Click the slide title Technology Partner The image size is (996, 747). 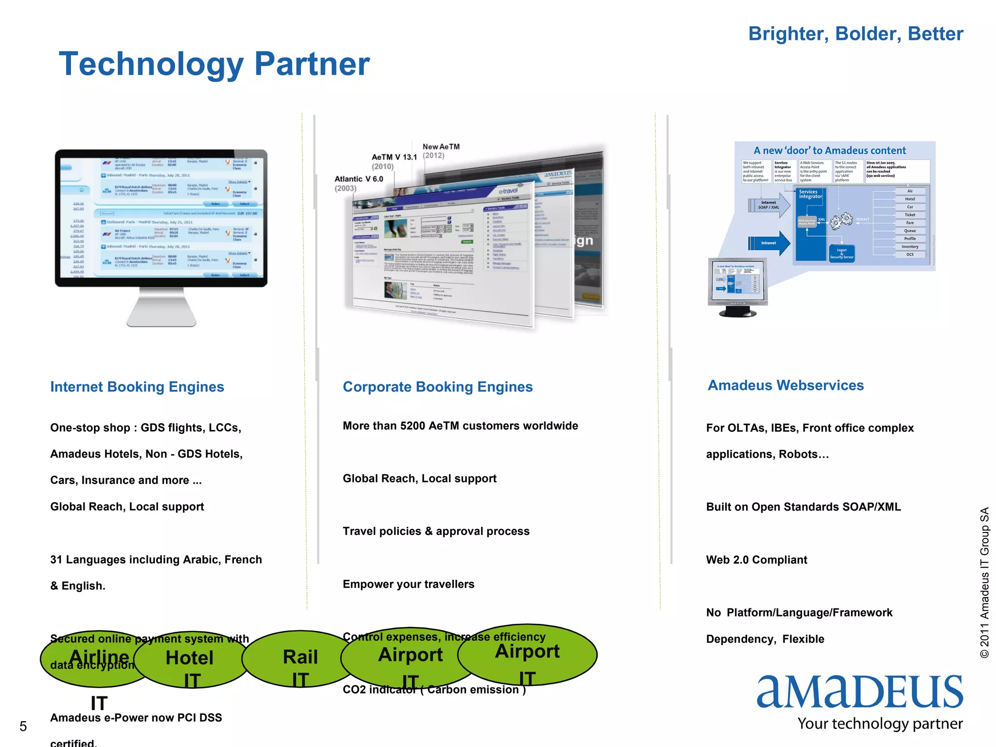coord(214,64)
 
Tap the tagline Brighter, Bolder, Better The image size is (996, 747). coord(855,34)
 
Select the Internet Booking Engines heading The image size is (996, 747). coord(137,387)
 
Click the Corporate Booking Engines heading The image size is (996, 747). coord(438,387)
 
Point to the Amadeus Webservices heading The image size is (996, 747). coord(785,385)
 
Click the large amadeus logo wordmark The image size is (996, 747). coord(859,692)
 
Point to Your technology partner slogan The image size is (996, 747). coord(880,724)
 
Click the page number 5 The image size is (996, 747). coord(23,727)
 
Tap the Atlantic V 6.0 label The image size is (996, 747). coord(358,179)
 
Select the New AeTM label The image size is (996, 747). coord(441,147)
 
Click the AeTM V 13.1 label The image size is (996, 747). coord(394,157)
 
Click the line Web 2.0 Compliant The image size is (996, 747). coord(756,560)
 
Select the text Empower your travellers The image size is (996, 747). coord(408,584)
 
